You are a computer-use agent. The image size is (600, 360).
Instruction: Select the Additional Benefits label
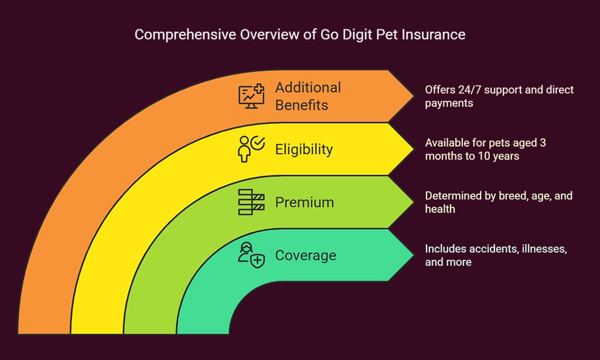tap(308, 96)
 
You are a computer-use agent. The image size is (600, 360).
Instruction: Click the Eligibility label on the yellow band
tap(304, 150)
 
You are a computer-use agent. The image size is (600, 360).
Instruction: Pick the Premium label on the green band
tap(305, 202)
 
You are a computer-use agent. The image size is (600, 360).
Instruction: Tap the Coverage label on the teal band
tap(306, 256)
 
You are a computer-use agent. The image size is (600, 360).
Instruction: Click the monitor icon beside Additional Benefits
tap(251, 96)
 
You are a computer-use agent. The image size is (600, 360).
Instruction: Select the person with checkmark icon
tap(251, 149)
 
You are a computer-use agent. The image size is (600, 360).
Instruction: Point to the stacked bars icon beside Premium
tap(251, 202)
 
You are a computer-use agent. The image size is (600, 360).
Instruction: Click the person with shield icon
tap(251, 255)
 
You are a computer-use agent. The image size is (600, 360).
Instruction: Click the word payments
tap(449, 103)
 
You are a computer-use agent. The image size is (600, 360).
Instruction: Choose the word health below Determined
tap(440, 209)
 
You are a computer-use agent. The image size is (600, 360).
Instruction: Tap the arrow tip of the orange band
tap(413, 96)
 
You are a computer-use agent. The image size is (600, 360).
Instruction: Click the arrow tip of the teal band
tap(413, 255)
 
